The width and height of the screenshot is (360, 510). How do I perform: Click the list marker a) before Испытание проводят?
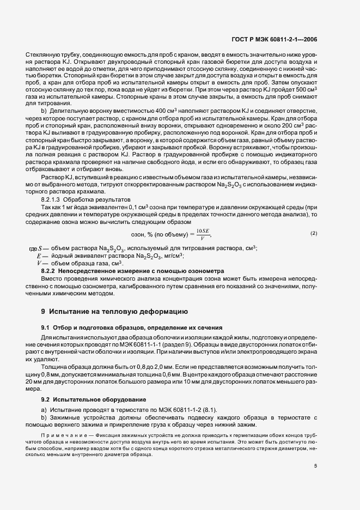pos(45,409)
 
